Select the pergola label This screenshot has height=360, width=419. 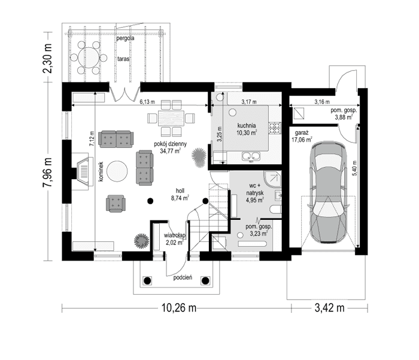(x=125, y=38)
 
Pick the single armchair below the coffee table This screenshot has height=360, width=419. (x=116, y=204)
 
